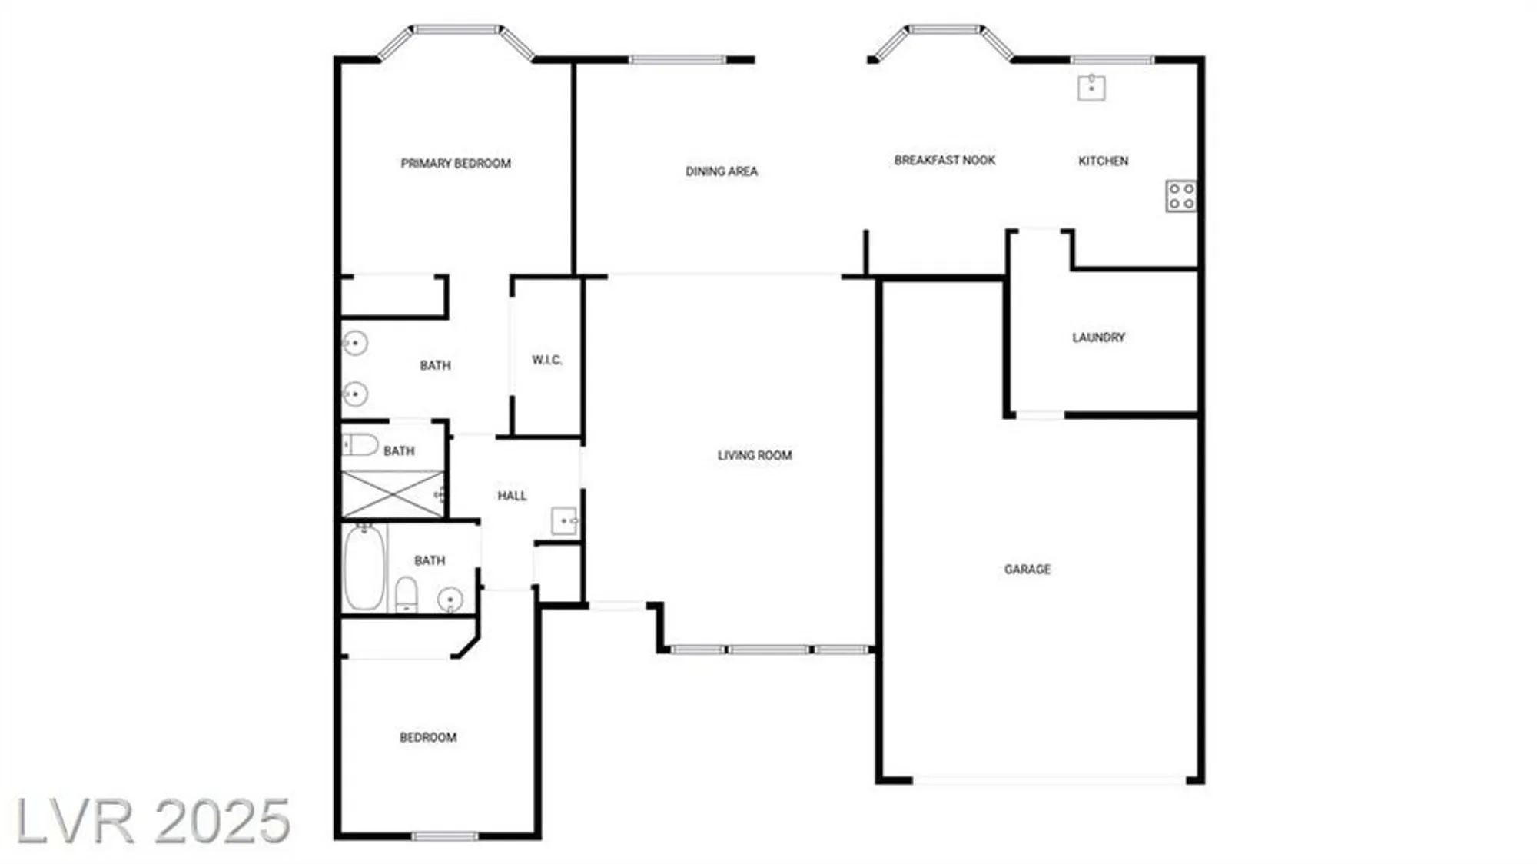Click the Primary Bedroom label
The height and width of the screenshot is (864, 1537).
[456, 163]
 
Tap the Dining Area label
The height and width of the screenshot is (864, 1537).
[721, 171]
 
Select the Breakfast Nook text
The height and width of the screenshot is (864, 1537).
[944, 160]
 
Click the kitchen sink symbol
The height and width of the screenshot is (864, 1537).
[1091, 88]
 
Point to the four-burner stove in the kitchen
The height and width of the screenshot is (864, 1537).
[1180, 196]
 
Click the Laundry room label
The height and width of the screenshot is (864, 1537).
[1098, 337]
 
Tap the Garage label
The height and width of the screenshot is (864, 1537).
[1027, 569]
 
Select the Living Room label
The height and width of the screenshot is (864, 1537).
[754, 455]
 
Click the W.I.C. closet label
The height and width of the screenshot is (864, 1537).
[546, 360]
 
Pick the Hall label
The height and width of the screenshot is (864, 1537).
[512, 496]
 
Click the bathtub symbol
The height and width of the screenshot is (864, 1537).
[364, 567]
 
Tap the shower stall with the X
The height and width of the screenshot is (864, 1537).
[392, 494]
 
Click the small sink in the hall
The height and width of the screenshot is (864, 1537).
[565, 521]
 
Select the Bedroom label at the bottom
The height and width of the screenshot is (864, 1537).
[428, 737]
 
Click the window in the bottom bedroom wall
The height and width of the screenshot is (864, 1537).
[444, 836]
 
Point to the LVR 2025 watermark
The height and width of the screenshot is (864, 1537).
[153, 821]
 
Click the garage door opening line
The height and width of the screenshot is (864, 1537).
[1049, 779]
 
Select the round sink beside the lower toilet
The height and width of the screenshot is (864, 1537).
[450, 599]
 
